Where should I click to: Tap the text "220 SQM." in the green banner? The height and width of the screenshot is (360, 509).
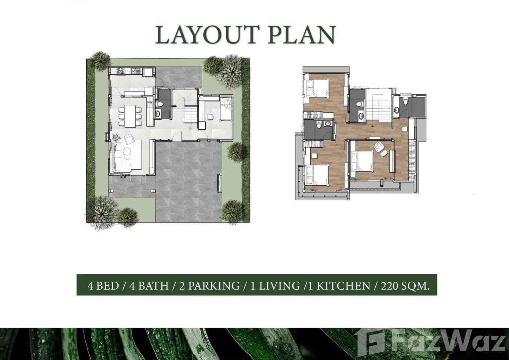tap(405, 286)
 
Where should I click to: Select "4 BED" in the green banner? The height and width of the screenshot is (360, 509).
tap(103, 286)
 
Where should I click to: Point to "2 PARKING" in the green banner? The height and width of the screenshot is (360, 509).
tap(209, 286)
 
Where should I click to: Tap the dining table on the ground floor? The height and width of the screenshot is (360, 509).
tap(130, 116)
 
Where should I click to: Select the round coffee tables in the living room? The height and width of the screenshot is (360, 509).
tap(127, 153)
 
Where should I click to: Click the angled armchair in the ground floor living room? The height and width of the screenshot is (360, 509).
tap(129, 138)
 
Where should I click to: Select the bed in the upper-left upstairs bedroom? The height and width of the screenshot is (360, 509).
tap(316, 88)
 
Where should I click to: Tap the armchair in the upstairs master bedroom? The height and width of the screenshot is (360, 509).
tap(379, 147)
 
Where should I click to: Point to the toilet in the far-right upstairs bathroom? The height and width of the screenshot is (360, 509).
tap(406, 102)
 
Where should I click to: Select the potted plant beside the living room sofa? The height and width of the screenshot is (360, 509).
tap(117, 137)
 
